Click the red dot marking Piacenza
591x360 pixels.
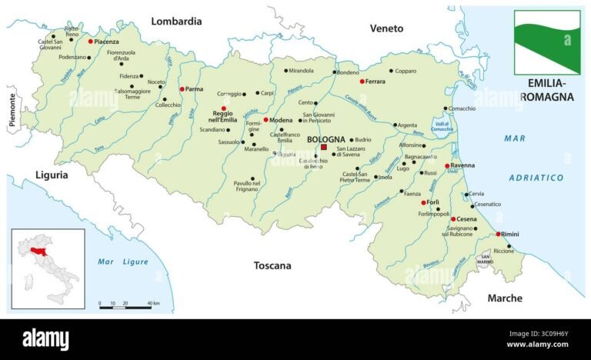click(91, 41)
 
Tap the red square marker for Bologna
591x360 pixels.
click(324, 147)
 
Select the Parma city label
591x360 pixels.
click(195, 89)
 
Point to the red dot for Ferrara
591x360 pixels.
click(362, 81)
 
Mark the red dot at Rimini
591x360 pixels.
click(498, 234)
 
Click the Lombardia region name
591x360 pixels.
click(176, 22)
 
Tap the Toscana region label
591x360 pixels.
click(272, 265)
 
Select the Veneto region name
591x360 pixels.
click(386, 28)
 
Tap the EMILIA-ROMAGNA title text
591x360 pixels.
click(547, 89)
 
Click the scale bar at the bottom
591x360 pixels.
click(125, 308)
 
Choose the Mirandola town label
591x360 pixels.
click(301, 71)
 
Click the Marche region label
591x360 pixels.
click(505, 298)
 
